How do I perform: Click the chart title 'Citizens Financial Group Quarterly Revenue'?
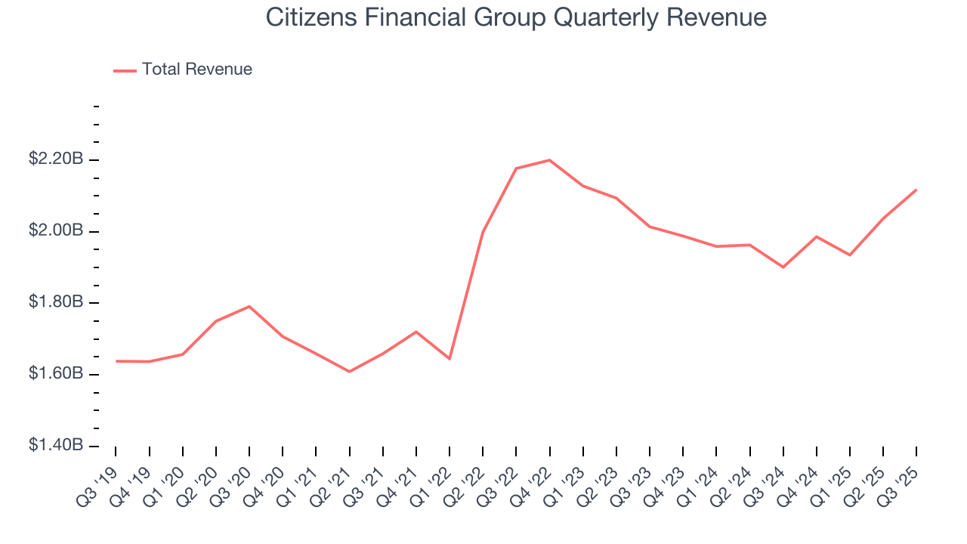[516, 17]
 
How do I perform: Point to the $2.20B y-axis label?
[56, 159]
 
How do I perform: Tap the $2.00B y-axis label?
[56, 230]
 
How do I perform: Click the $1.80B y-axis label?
[56, 302]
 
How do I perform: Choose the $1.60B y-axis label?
[56, 374]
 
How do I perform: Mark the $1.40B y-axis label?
[56, 445]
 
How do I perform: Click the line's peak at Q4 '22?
[549, 160]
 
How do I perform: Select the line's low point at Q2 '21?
[349, 372]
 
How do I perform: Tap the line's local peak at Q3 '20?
[249, 306]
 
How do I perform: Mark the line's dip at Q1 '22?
[450, 358]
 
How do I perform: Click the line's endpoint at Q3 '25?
[916, 190]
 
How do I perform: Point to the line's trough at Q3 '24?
[783, 267]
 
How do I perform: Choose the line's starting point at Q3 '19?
[116, 361]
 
